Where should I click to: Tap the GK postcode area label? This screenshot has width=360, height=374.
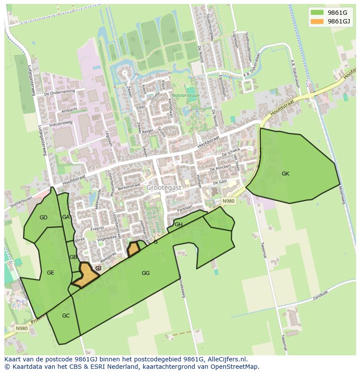point(285,174)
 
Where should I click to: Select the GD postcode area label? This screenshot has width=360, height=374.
point(43,218)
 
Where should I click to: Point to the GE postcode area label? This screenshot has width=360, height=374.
point(50,273)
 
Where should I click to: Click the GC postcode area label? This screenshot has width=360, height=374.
point(66,316)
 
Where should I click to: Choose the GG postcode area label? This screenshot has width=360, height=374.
point(146,273)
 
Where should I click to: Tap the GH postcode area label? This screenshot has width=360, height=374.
point(178,225)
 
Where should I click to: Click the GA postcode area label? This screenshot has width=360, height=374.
point(66,217)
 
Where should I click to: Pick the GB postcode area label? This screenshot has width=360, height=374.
point(73,257)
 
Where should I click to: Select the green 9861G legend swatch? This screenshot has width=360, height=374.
point(317,13)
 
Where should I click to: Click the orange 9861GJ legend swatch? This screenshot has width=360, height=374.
point(317,21)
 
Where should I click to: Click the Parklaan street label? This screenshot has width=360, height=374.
point(185,208)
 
